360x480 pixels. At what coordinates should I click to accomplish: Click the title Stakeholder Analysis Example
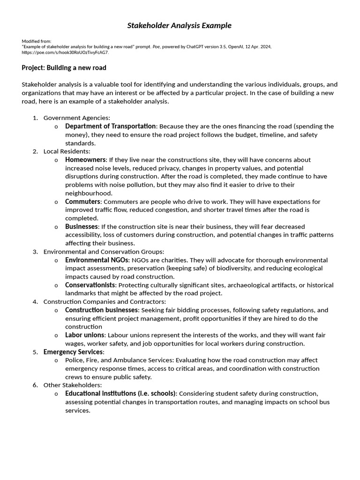click(x=180, y=25)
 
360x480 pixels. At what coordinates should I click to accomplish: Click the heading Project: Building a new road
click(x=64, y=68)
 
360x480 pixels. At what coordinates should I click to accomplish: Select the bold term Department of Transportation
click(x=110, y=126)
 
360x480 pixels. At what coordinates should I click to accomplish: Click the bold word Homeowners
click(x=86, y=160)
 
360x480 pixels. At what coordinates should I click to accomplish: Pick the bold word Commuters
click(x=83, y=202)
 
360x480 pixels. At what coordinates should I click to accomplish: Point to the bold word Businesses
click(x=82, y=227)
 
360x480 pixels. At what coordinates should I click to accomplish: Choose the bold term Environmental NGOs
click(x=97, y=260)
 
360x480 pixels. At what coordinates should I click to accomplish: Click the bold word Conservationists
click(x=90, y=285)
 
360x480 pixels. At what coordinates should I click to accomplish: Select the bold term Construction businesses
click(x=102, y=310)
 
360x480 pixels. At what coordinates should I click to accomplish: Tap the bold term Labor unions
click(x=85, y=335)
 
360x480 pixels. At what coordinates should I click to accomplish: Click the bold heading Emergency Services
click(x=73, y=352)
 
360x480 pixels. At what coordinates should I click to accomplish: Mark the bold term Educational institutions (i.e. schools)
click(x=120, y=394)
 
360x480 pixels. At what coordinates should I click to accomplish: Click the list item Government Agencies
click(x=76, y=118)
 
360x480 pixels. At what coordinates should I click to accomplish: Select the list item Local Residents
click(x=67, y=151)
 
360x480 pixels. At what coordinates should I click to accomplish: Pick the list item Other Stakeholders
click(x=72, y=385)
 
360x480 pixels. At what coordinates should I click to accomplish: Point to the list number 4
click(x=35, y=302)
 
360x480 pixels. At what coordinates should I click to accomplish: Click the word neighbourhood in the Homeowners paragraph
click(x=89, y=193)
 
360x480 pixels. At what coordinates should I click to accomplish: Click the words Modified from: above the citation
click(x=37, y=41)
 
